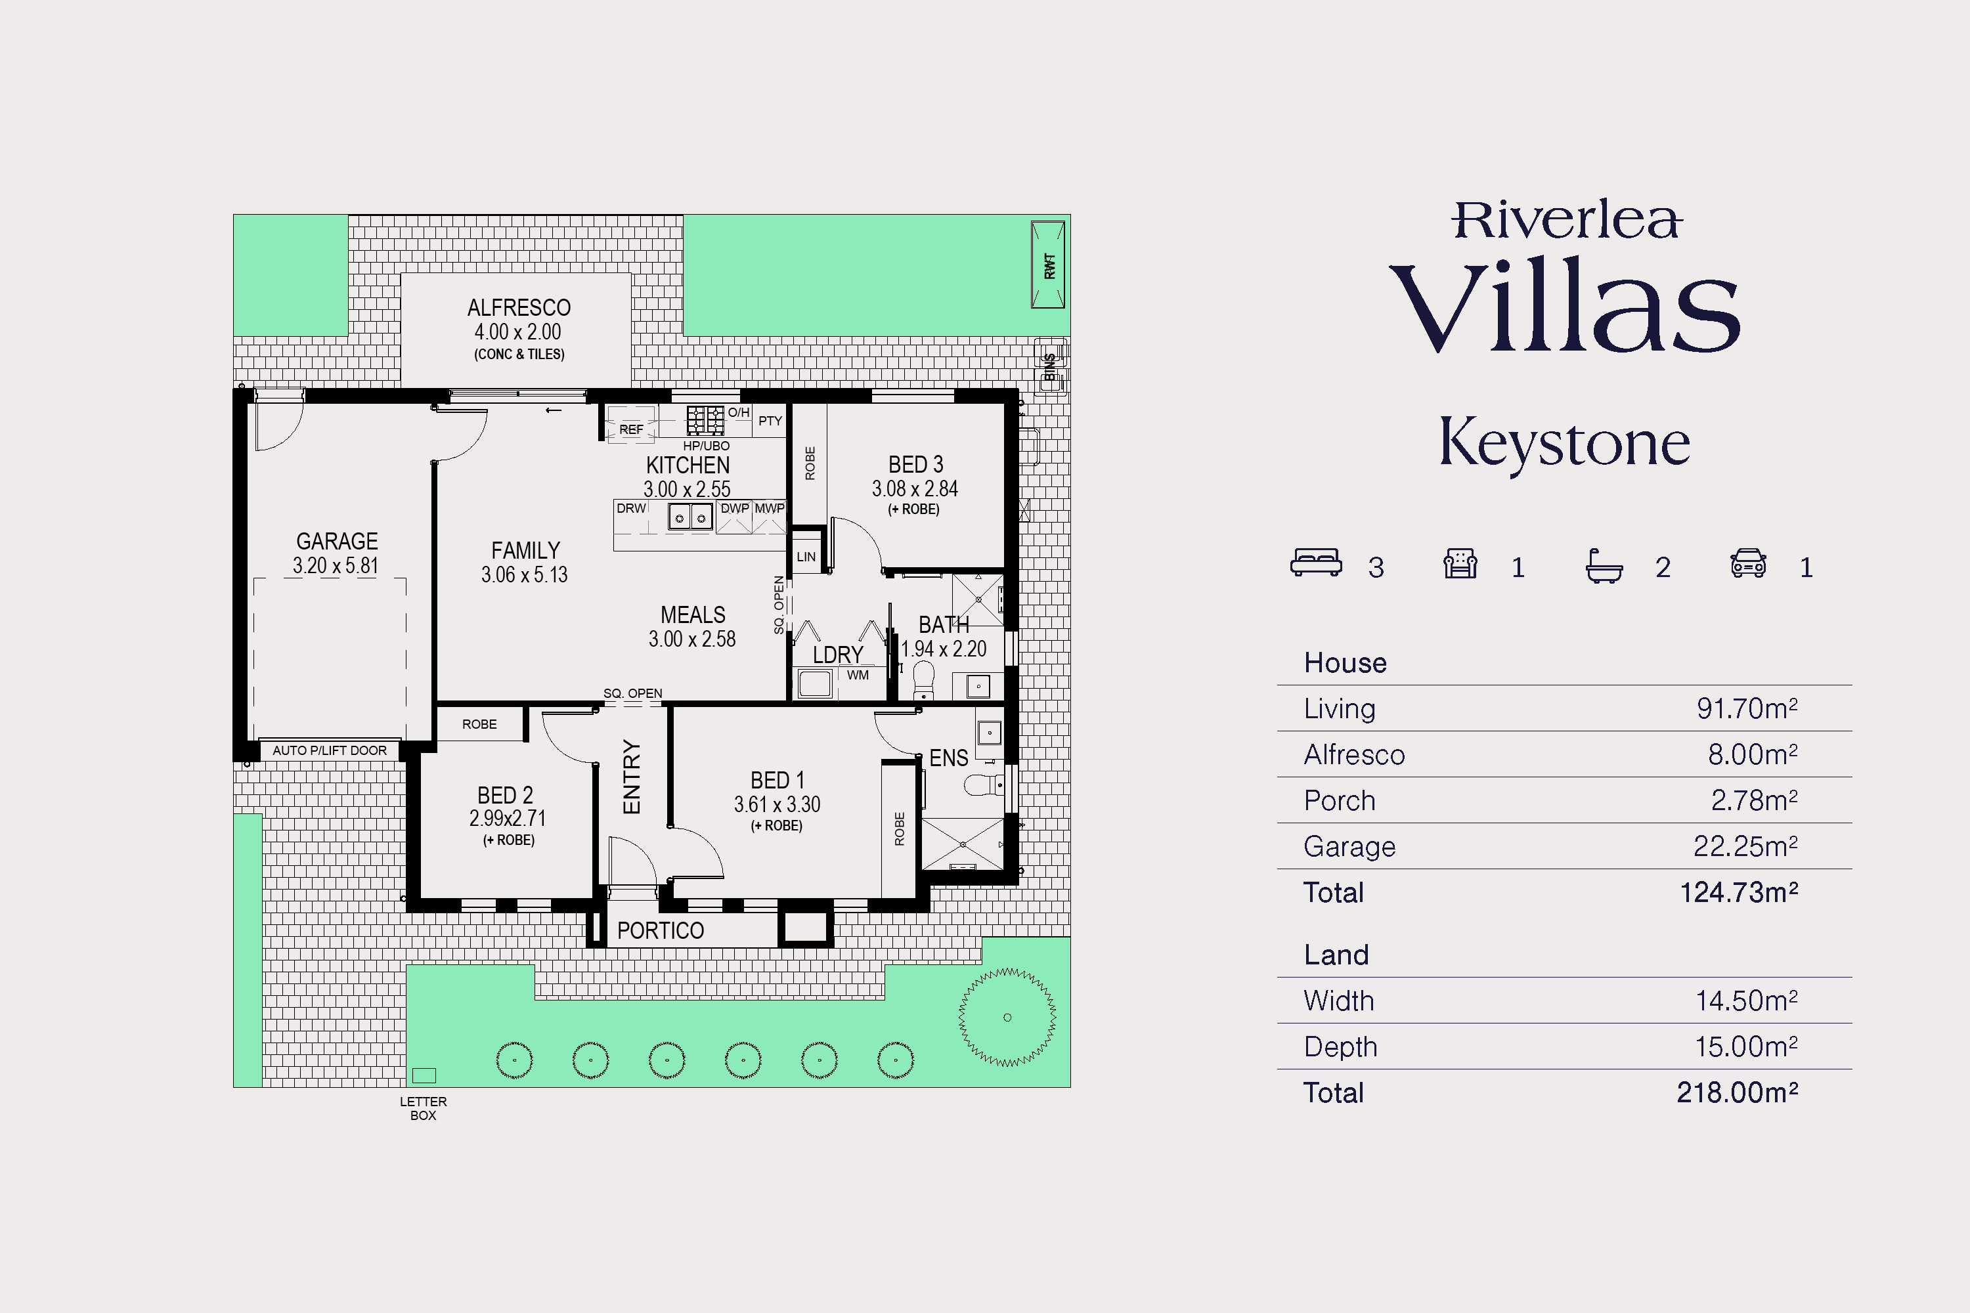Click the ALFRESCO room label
[519, 307]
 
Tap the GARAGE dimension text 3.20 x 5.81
[336, 566]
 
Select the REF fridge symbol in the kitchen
[630, 423]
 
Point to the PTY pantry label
[770, 421]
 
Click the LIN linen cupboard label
[806, 557]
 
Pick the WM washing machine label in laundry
[858, 675]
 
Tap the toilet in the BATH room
[923, 679]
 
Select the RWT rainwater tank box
[1048, 265]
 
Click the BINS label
[1049, 367]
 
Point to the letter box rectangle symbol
[424, 1075]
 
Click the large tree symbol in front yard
[1007, 1018]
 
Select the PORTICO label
[660, 930]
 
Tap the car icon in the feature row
[1749, 563]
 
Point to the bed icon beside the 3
[1317, 563]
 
